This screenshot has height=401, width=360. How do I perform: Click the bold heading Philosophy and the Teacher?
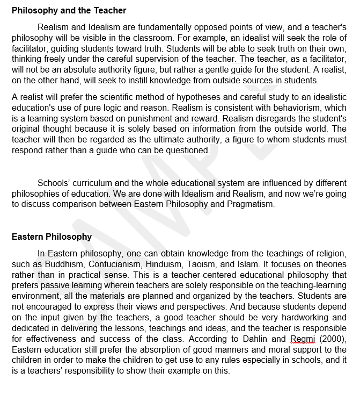pyautogui.click(x=69, y=10)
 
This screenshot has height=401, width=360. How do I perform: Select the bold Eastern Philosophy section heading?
pyautogui.click(x=52, y=237)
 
